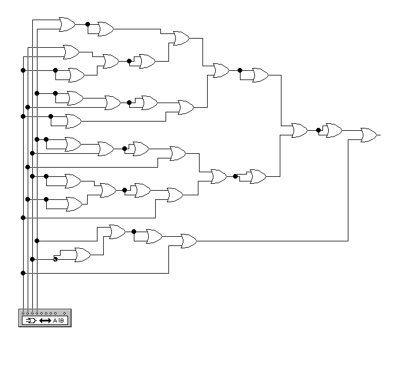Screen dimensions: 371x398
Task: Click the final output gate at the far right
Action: tap(368, 135)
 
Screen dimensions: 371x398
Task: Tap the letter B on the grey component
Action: tap(62, 320)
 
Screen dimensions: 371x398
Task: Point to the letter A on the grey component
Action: tap(55, 320)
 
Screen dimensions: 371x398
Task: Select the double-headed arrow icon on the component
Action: tap(45, 320)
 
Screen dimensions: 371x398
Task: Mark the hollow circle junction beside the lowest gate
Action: tap(55, 259)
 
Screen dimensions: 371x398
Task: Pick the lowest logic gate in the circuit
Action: tap(81, 255)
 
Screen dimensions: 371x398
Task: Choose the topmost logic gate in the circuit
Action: tap(66, 24)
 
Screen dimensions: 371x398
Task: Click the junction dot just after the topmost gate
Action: tap(88, 24)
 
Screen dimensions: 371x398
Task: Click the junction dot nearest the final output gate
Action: tap(318, 130)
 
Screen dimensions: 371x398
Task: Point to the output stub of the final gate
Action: tap(378, 135)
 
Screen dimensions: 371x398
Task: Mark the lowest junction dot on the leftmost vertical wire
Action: tap(23, 272)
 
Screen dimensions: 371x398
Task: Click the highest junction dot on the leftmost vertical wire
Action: tap(23, 70)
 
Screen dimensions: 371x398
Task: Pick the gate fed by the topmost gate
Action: tap(105, 29)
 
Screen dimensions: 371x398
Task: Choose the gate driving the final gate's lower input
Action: tap(188, 241)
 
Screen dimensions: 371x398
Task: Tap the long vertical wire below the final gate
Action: tap(348, 190)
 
